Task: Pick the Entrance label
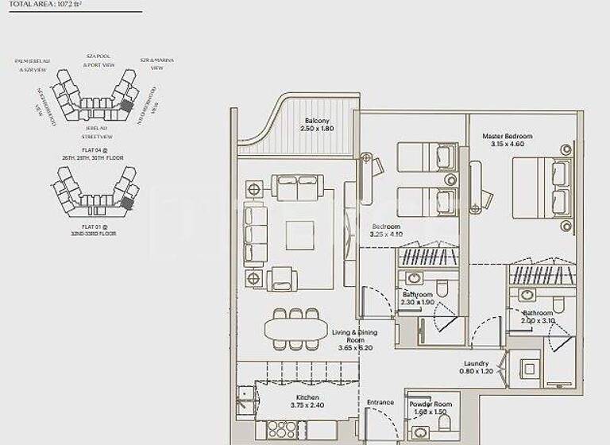(x=380, y=402)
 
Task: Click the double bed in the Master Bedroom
(x=541, y=187)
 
